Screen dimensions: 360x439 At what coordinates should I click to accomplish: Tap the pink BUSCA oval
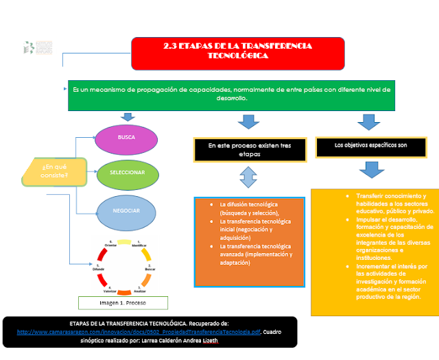pyautogui.click(x=126, y=139)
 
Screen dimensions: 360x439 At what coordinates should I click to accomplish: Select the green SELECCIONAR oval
pyautogui.click(x=128, y=173)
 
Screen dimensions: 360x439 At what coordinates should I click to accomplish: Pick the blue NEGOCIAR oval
pyautogui.click(x=127, y=211)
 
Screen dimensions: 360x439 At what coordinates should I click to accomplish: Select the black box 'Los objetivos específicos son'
pyautogui.click(x=370, y=146)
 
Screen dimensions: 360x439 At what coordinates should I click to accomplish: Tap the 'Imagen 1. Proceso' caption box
pyautogui.click(x=123, y=302)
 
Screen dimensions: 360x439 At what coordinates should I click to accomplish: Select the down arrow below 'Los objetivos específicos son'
pyautogui.click(x=370, y=169)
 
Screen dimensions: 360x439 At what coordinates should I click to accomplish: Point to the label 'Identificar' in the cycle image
pyautogui.click(x=139, y=245)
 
